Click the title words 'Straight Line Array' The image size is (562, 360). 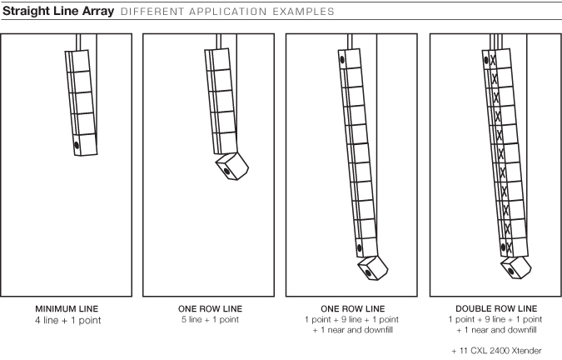58,12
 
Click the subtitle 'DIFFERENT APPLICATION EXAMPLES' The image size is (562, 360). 227,12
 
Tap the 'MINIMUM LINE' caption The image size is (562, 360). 67,308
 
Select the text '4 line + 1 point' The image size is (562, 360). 67,320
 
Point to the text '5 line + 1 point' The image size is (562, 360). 210,319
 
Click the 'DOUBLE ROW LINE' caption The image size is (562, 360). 496,308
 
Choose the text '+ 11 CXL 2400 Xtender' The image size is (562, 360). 496,350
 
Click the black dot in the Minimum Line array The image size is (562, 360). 77,145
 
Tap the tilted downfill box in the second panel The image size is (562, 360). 232,167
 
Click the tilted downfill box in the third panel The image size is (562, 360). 373,268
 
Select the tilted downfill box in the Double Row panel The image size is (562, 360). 516,267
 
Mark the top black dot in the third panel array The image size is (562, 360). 342,59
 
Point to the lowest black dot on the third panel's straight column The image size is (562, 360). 360,247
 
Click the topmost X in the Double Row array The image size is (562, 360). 492,59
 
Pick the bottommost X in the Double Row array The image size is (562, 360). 509,247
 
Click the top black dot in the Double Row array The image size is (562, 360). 486,60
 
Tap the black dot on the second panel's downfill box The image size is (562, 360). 226,171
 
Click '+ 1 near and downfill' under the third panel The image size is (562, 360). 353,330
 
